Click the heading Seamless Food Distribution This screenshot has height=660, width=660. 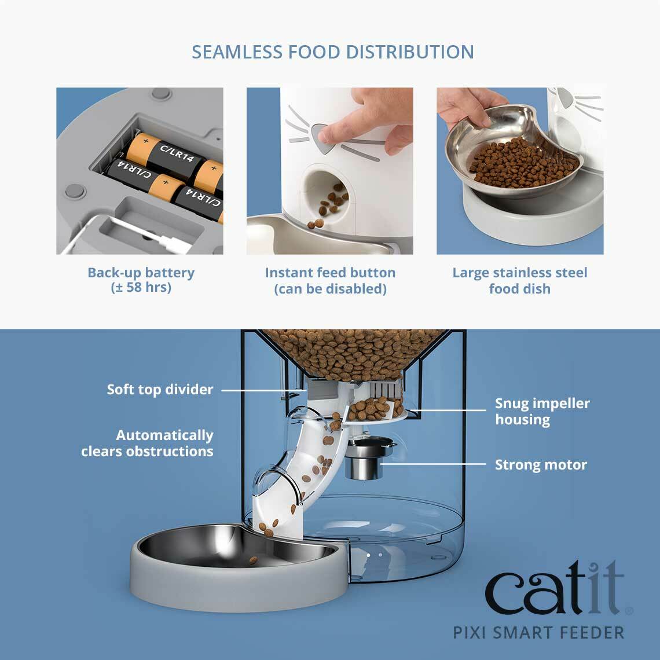pos(333,52)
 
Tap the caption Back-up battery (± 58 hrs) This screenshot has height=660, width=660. pos(141,280)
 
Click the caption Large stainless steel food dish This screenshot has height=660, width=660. pos(519,280)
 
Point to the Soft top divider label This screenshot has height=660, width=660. pos(160,390)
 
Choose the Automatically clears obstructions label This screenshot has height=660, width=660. pos(148,443)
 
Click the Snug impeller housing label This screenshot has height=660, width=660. pos(542,411)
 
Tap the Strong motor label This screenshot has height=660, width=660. pos(541,465)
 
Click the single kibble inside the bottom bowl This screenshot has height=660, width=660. pos(253,560)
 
